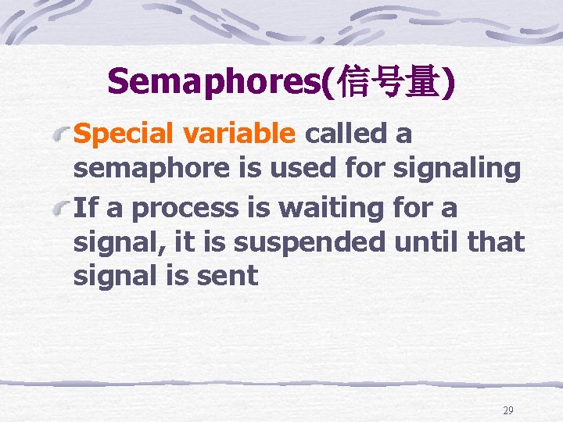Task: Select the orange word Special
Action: point(125,135)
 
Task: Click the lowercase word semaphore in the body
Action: point(146,169)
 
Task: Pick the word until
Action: point(427,242)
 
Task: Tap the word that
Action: point(497,242)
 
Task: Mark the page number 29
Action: point(508,410)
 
